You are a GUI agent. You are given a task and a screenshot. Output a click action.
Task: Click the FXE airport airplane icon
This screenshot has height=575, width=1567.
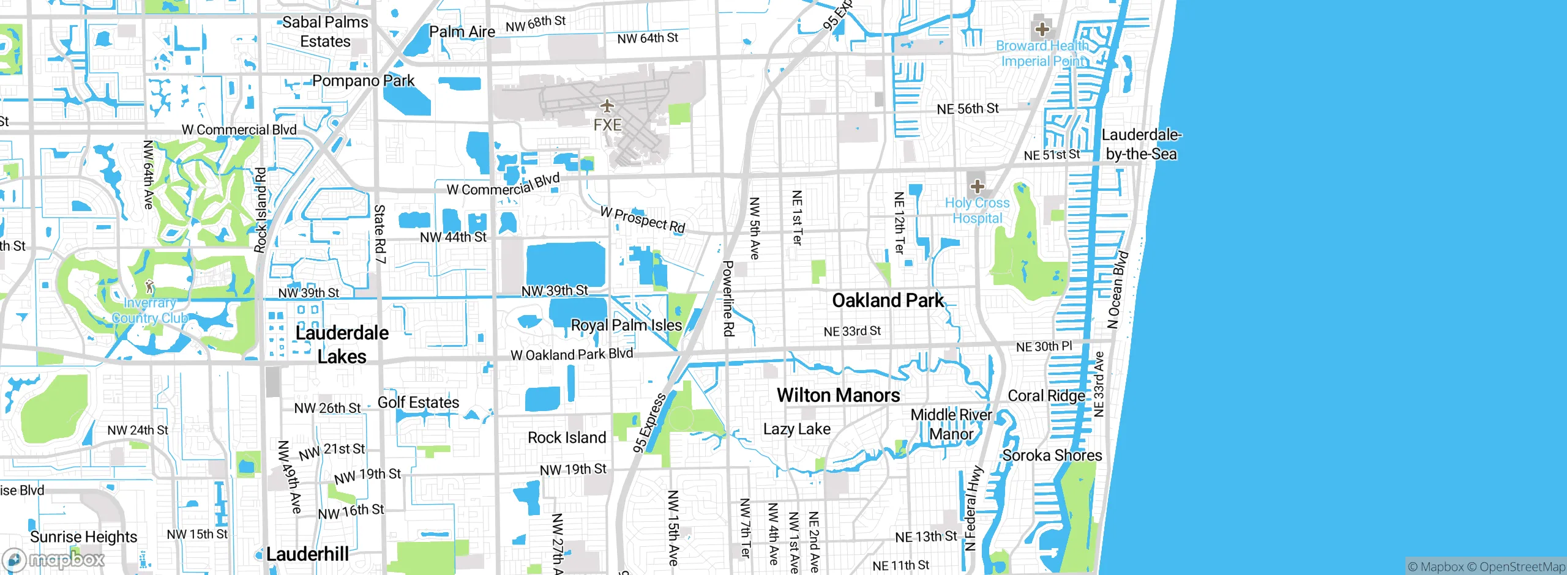coord(607,106)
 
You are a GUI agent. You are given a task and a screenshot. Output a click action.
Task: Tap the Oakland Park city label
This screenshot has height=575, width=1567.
coord(888,300)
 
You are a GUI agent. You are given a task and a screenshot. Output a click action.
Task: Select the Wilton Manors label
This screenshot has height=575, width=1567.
coord(838,395)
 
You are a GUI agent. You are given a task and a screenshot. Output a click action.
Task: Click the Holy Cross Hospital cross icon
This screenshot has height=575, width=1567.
coord(977,186)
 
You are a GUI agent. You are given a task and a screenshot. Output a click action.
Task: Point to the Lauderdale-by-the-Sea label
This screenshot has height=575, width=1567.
coord(1141,144)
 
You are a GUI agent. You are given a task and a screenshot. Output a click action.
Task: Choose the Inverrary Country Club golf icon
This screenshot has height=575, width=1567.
coord(149,286)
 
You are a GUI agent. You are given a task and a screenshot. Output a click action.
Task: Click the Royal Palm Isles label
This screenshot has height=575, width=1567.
coord(626,325)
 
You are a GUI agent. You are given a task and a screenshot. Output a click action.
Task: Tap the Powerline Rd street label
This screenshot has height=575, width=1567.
coord(728,299)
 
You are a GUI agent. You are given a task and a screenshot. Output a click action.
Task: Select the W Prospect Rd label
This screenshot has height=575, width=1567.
coord(642,220)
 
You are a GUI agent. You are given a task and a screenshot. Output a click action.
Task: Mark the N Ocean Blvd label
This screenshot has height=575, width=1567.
coord(1118,289)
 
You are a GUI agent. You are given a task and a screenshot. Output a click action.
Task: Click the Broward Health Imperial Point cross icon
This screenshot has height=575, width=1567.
coord(1042,29)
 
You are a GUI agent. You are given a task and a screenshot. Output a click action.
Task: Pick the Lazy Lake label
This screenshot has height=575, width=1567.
coord(796,429)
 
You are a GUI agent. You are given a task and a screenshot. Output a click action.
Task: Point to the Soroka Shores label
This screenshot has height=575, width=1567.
coord(1052,455)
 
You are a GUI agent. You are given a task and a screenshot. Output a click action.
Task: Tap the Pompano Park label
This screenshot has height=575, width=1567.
coord(363,81)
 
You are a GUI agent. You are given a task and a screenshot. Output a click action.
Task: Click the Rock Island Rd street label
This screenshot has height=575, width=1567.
coord(261,210)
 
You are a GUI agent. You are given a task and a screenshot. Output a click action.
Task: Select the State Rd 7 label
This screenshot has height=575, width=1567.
coord(380,234)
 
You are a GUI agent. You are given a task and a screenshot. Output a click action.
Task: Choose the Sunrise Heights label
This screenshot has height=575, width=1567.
coord(83,536)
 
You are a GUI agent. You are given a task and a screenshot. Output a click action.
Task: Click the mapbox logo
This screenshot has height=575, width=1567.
coord(54,559)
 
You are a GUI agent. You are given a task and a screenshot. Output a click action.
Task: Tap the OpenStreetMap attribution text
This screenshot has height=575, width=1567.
coord(1522,567)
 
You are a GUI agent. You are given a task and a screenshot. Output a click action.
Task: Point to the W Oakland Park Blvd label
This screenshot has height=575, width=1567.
coord(571,354)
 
